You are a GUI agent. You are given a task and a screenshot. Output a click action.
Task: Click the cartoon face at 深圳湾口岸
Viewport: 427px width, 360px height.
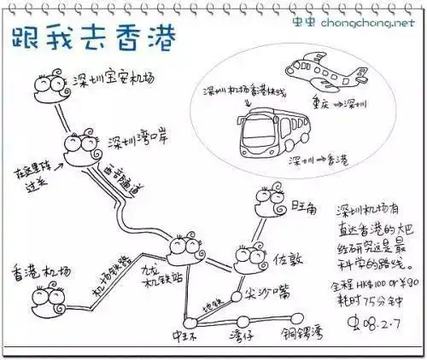pos(80,149)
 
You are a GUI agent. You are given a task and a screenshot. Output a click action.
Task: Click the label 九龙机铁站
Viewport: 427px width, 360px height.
pos(153,273)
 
